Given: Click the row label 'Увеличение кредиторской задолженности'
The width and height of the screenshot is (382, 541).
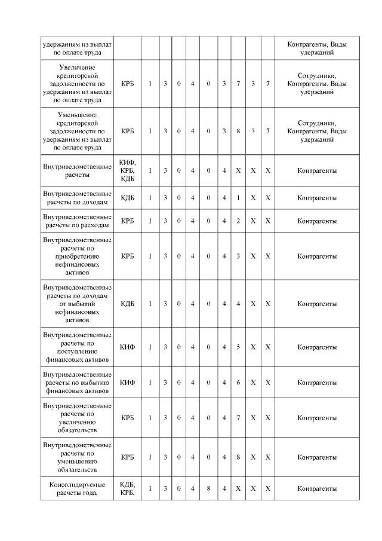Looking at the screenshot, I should click(x=78, y=84).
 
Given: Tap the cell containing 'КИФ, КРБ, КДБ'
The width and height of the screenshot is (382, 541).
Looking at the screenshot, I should click(x=128, y=170).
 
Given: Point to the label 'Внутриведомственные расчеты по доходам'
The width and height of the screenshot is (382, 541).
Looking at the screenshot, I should click(x=78, y=198).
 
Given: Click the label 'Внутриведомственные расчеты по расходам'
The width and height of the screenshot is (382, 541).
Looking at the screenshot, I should click(x=78, y=221).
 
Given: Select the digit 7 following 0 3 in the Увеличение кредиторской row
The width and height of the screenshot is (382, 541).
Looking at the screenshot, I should click(x=238, y=84).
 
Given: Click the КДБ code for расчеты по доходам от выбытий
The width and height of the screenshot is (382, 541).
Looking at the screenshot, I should click(x=128, y=304).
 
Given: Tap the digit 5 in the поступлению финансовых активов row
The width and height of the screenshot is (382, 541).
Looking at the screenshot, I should click(x=238, y=347).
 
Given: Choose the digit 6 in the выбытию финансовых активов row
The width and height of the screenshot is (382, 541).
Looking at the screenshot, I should click(x=238, y=383).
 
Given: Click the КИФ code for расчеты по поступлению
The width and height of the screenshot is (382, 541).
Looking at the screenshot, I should click(x=128, y=347).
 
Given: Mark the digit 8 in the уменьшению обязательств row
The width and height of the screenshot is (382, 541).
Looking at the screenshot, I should click(x=238, y=457).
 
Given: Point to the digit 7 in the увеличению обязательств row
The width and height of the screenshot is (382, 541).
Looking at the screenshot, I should click(x=238, y=417).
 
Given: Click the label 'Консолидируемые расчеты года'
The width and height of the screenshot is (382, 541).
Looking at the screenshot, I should click(x=78, y=488).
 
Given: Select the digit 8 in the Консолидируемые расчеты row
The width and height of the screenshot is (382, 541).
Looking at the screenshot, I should click(x=208, y=488).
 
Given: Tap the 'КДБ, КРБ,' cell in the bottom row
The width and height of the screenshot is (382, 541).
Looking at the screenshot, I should click(x=128, y=488).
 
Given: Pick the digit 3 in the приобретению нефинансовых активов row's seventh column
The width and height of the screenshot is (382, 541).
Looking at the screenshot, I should click(x=238, y=256).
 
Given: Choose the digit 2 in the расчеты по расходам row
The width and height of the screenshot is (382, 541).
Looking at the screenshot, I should click(x=238, y=221).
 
